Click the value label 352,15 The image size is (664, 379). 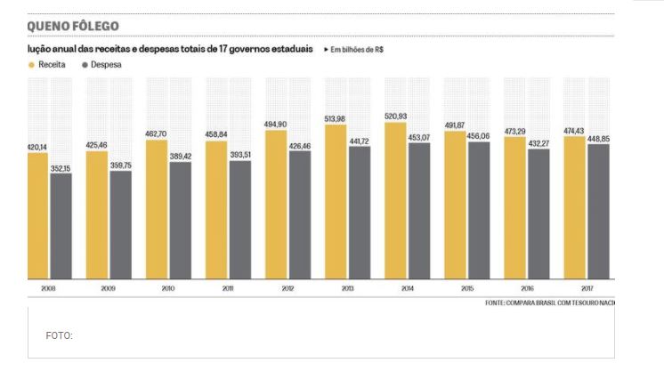click(61, 168)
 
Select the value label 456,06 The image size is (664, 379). click(479, 136)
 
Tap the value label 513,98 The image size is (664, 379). click(336, 119)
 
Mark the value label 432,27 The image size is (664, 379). click(538, 143)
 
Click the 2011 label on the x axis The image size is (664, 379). click(227, 289)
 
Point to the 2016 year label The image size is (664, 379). click(526, 289)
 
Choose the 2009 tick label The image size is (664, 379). click(108, 289)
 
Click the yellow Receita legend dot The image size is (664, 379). click(32, 66)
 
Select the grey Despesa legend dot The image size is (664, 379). click(84, 66)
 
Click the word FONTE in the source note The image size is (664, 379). click(496, 303)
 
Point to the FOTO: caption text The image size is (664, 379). click(59, 335)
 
